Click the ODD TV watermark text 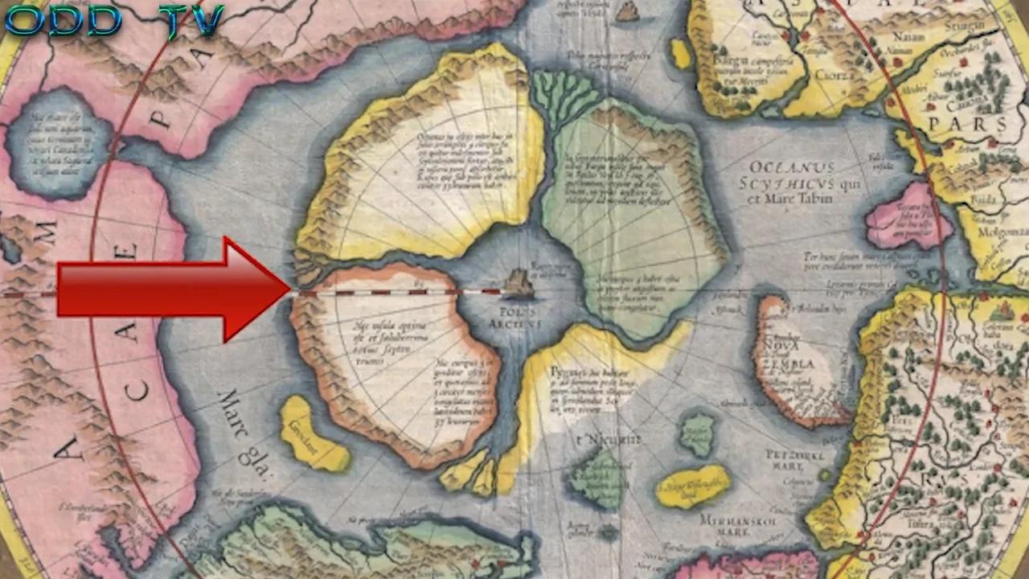[x=113, y=22]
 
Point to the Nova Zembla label [x=791, y=356]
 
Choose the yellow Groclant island [x=313, y=435]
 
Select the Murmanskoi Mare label [x=731, y=526]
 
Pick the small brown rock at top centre [x=627, y=10]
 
